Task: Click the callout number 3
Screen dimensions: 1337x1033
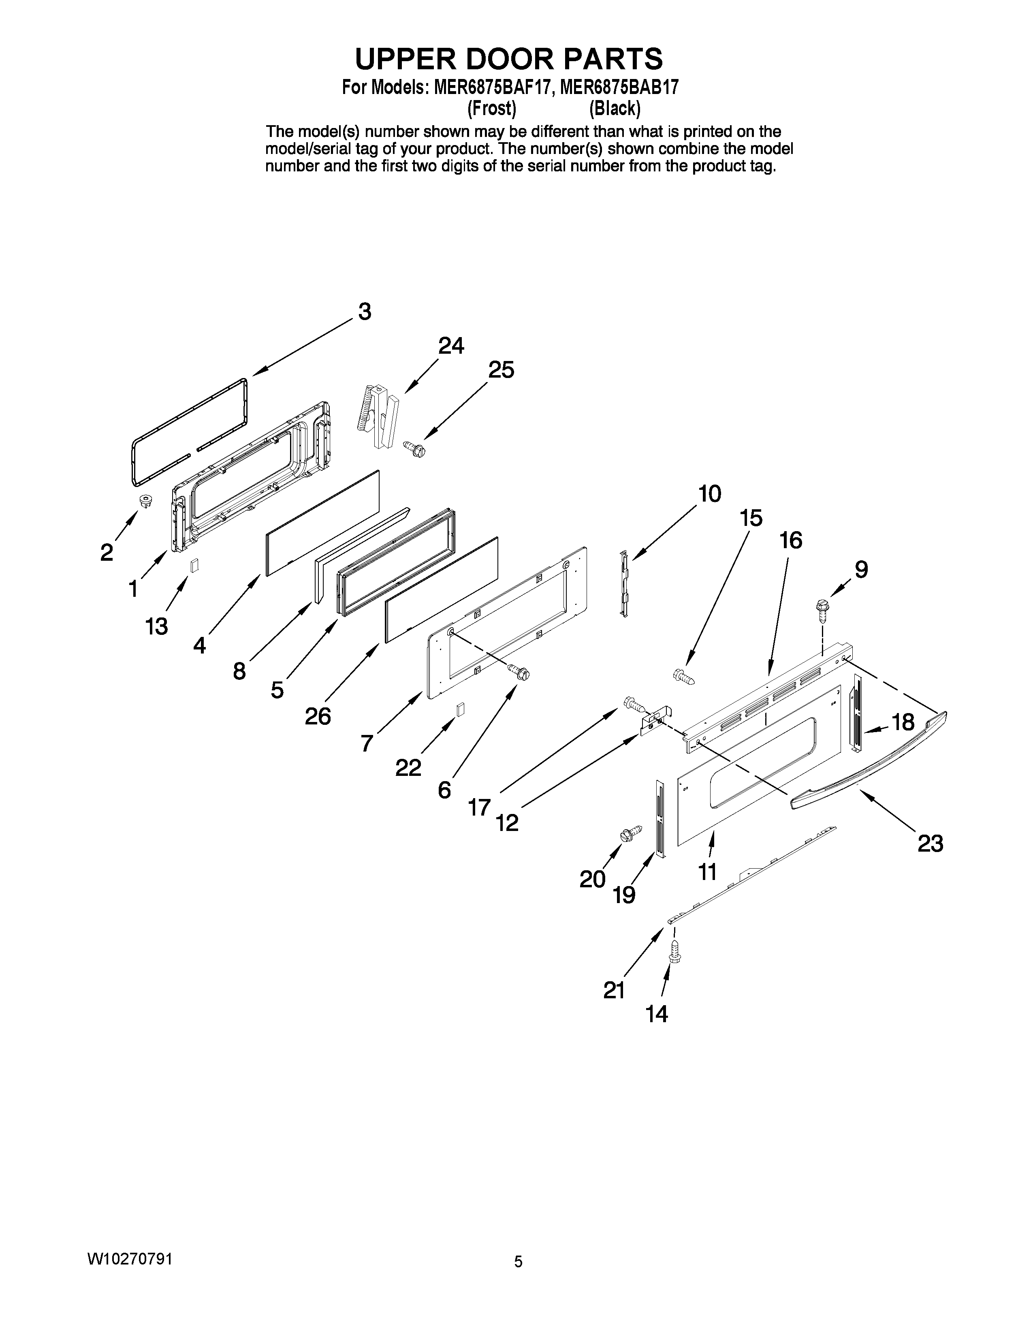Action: [x=365, y=312]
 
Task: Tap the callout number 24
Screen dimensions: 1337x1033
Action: [x=451, y=346]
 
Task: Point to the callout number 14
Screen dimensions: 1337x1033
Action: [x=657, y=1014]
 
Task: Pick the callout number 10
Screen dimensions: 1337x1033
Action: [x=709, y=493]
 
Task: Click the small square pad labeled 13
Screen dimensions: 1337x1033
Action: [x=194, y=566]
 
